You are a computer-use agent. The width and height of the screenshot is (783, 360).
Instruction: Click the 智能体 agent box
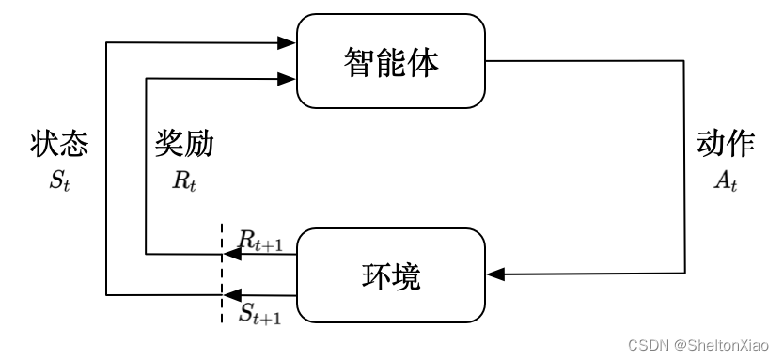391,62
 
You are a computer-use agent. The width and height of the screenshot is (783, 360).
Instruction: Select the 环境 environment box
391,274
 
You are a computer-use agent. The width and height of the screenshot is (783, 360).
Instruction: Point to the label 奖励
184,144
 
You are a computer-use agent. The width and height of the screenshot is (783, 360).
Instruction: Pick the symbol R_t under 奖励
184,180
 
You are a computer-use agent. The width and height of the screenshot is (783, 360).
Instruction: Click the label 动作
726,144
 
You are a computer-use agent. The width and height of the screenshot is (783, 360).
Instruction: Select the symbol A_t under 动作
726,181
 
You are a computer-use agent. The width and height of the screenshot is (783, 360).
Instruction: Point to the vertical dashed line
222,273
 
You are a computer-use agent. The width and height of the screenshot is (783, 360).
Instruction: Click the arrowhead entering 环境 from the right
497,274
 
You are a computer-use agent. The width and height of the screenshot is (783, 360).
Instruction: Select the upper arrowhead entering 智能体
288,42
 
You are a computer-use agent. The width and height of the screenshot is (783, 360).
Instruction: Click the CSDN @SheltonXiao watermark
699,345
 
